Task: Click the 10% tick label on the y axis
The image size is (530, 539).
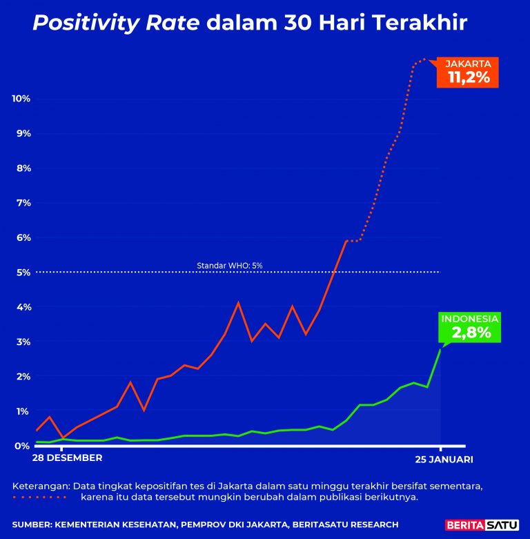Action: point(21,99)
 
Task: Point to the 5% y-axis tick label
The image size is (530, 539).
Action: point(23,272)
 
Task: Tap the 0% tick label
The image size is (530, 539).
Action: point(23,446)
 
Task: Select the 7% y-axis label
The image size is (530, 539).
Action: point(23,203)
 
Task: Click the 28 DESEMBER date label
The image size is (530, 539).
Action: point(68,458)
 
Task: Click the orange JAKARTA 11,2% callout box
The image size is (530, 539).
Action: point(468,72)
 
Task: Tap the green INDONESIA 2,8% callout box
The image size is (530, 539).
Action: point(470,327)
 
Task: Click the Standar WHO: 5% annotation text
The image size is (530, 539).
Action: point(230,265)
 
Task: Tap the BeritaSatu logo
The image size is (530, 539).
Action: point(482,525)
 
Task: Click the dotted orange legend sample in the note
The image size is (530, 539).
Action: point(40,497)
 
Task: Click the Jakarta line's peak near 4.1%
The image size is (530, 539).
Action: point(238,302)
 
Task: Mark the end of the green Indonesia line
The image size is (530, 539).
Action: point(440,349)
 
